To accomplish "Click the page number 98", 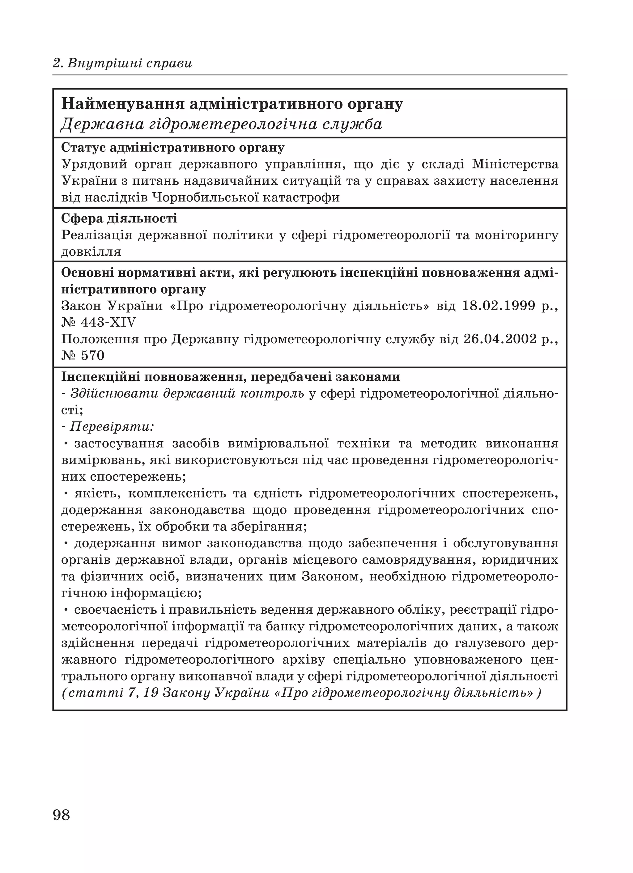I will (62, 815).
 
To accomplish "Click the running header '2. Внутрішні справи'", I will (122, 63).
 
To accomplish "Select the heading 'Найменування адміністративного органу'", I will (232, 104).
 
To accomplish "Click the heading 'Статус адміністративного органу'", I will (173, 147).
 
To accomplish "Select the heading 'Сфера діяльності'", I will (119, 218).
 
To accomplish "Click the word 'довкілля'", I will (91, 252).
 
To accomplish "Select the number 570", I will (93, 355).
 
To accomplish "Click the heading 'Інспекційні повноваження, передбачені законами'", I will (231, 376).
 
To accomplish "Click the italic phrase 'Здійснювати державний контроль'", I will (188, 393).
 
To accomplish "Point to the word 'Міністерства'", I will (515, 164).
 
